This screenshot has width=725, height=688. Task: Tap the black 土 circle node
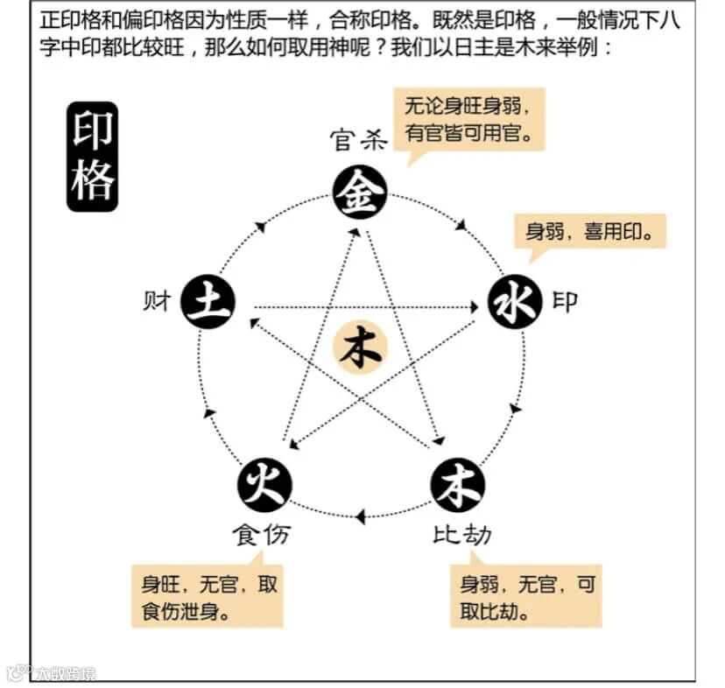(208, 303)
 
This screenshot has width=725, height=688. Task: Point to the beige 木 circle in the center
(360, 348)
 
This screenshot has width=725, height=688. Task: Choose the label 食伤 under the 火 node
(262, 535)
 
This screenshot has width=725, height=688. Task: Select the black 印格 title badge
(92, 158)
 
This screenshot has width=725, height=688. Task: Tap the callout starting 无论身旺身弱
(468, 120)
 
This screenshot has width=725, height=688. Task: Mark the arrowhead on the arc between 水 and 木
(515, 409)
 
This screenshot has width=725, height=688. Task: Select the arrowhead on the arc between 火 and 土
(208, 412)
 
